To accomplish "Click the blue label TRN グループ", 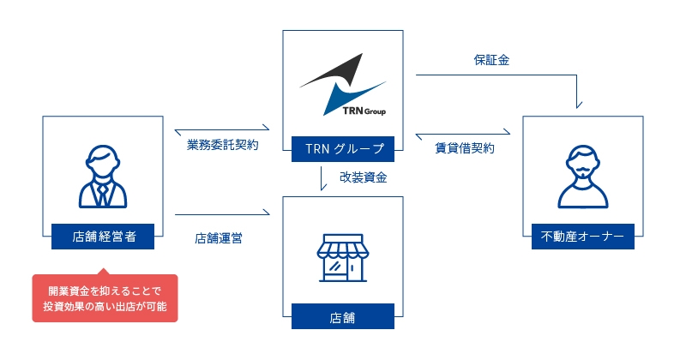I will (342, 149).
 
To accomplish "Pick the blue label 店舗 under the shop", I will (342, 316).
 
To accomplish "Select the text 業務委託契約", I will (223, 146).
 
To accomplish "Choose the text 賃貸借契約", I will (464, 147).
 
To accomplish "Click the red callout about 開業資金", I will (105, 298).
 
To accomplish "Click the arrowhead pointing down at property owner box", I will (580, 104).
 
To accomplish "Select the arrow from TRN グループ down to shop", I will (321, 178).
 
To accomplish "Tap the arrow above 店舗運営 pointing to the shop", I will (223, 213).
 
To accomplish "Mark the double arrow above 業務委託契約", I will (222, 130).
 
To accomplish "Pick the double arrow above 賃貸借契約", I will (463, 133).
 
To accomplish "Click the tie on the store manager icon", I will (102, 193).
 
